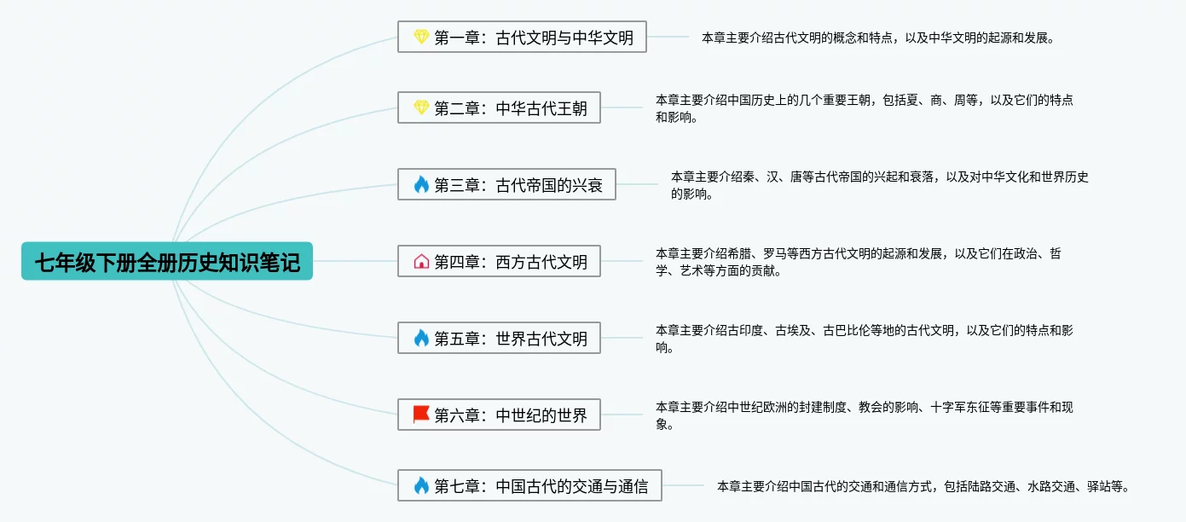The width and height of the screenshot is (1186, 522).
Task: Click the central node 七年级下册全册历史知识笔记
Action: pos(167,261)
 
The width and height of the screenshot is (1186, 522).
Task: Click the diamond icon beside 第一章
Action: pos(421,37)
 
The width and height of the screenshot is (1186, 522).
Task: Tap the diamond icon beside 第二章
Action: pos(421,107)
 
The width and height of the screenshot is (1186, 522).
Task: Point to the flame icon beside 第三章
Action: pos(421,184)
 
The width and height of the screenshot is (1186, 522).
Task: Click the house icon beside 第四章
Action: pos(421,261)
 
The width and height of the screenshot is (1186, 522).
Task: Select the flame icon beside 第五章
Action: pos(421,338)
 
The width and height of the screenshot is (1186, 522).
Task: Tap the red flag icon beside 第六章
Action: pos(421,415)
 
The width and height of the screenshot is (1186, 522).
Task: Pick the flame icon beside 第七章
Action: pos(421,485)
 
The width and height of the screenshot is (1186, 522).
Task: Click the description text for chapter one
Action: pos(878,38)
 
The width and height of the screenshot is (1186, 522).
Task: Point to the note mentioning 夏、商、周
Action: pos(864,108)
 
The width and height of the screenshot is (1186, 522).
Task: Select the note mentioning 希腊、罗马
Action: pos(858,262)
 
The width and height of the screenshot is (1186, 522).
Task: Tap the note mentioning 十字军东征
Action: pos(864,415)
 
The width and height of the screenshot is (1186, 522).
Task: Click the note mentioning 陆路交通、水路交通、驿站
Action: pos(923,486)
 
